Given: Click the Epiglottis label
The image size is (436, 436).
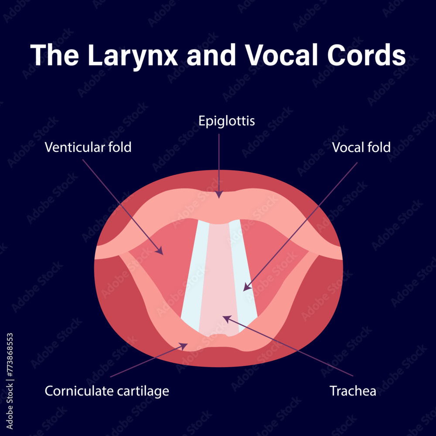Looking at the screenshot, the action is [227, 121].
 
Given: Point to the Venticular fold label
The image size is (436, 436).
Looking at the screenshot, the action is [88, 147].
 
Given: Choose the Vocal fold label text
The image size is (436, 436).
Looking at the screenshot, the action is [361, 147].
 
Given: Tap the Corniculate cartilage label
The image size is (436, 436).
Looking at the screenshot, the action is [107, 391].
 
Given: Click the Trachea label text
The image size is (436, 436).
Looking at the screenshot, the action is [353, 391].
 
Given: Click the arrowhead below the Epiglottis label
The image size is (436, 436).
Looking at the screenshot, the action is [219, 195].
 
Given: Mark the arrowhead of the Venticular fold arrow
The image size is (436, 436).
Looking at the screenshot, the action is [160, 252].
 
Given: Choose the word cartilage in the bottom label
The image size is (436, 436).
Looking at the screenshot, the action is [143, 391].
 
